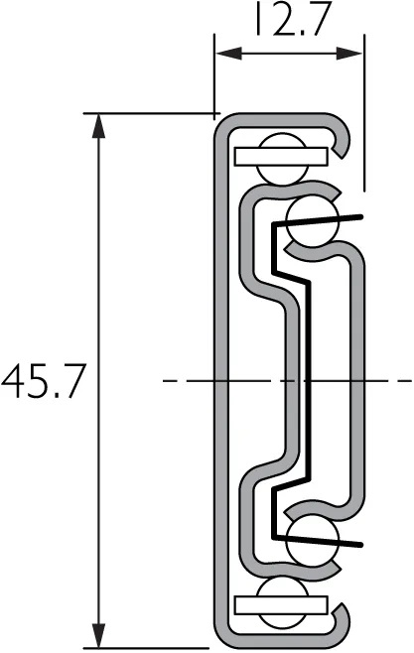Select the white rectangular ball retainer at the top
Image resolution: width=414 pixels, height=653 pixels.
(282, 156)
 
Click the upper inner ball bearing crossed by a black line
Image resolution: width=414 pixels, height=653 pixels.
(313, 219)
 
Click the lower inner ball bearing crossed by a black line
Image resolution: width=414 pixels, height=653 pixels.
(313, 539)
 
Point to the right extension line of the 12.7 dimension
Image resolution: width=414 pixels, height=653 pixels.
(364, 119)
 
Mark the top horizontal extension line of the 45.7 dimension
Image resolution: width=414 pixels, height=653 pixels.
(149, 113)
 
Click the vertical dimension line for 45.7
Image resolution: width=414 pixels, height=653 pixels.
(97, 298)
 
